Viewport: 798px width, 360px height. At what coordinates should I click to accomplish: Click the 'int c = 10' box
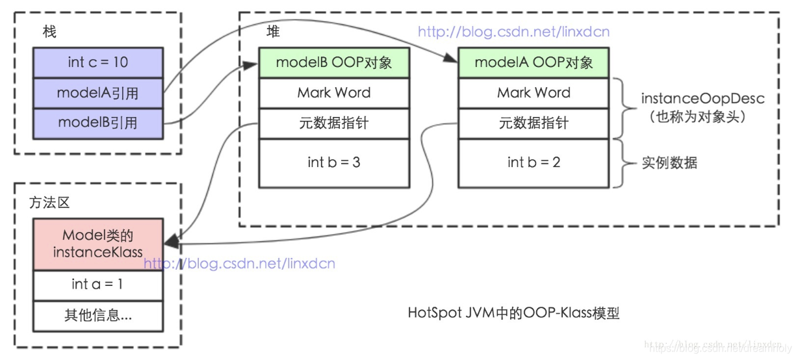tap(97, 62)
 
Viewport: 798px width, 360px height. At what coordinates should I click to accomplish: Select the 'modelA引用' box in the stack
tap(97, 93)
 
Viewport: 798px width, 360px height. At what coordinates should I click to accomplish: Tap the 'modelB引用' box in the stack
tap(97, 122)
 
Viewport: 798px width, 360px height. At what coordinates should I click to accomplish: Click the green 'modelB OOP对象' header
tap(334, 62)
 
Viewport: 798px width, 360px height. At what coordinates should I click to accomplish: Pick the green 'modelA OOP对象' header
tap(534, 62)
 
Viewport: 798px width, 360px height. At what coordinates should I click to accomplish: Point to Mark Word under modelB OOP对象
tap(334, 93)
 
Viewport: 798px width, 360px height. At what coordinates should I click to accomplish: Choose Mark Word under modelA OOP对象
tap(534, 93)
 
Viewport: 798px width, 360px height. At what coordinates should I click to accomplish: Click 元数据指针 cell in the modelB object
tap(334, 123)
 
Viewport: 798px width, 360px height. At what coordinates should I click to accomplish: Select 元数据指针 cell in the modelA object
tap(534, 123)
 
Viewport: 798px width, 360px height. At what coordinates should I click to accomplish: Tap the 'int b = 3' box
tap(334, 162)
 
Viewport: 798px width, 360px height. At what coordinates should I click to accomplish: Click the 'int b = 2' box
tap(534, 162)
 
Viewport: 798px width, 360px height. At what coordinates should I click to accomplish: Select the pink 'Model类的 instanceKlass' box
tap(97, 244)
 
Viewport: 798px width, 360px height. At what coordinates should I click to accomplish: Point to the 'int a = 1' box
tap(97, 285)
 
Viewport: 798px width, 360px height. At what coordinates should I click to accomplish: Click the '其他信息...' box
tap(97, 316)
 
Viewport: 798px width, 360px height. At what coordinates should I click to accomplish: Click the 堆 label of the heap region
tap(274, 31)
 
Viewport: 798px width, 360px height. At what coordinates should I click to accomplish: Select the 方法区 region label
tap(49, 203)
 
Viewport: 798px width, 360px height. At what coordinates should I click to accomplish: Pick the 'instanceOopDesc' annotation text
tap(693, 99)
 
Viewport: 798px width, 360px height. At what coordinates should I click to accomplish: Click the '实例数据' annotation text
tap(669, 162)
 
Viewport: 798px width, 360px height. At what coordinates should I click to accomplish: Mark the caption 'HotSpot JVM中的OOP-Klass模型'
tap(513, 313)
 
